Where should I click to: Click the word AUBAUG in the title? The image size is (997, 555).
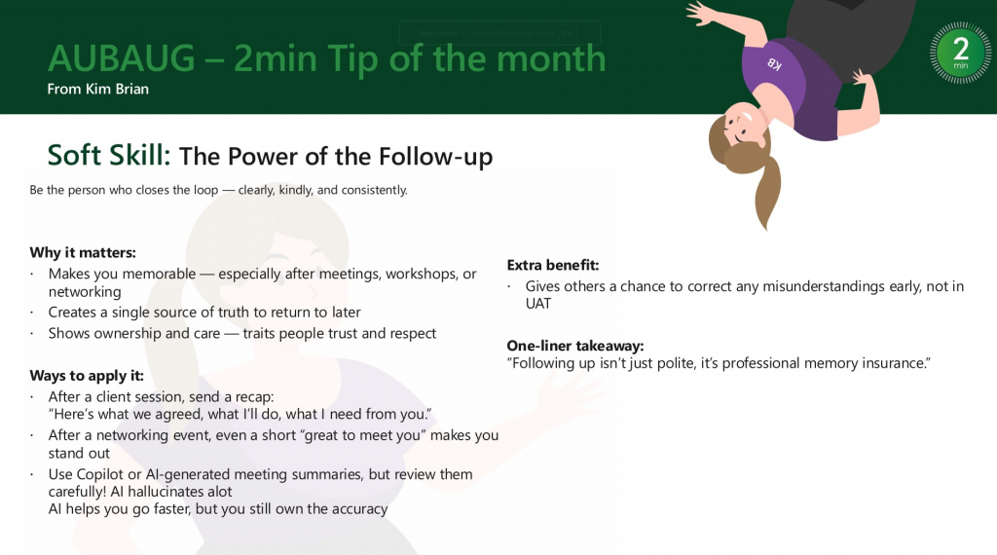pos(121,58)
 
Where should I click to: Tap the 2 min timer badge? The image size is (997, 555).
pos(960,53)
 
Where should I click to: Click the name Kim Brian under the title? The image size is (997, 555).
pos(117,89)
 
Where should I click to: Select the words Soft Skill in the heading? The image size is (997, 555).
pos(109,155)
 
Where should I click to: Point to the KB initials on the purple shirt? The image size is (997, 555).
pos(774,63)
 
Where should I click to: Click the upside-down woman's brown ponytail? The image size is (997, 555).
pos(768,191)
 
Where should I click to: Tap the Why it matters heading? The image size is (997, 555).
pos(83,252)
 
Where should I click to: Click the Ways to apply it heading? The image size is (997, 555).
pos(87,376)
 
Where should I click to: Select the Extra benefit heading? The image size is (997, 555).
pos(553,265)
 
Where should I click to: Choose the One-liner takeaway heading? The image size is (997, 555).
pos(574,346)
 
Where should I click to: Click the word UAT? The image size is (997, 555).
pos(537,304)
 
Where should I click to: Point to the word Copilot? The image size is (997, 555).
pos(100,474)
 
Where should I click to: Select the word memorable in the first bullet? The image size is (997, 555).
pos(159,274)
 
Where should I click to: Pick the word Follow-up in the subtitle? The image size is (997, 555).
pos(435,157)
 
